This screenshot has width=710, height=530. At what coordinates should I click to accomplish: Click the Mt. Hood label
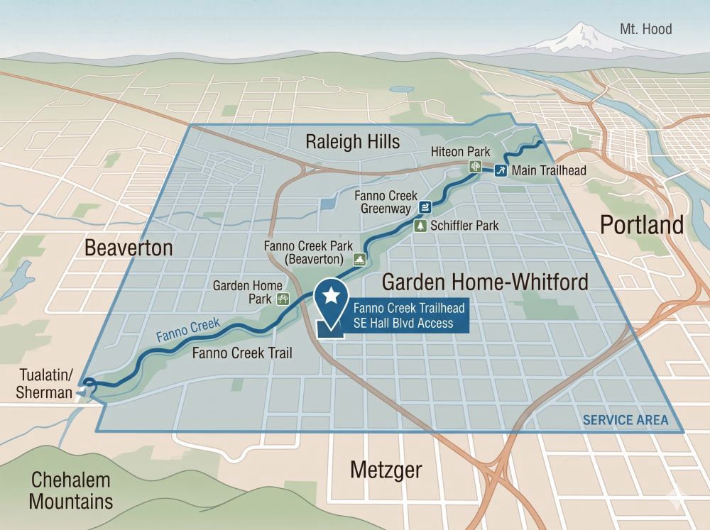point(645,29)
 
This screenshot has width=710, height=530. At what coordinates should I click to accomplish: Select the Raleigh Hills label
point(352,141)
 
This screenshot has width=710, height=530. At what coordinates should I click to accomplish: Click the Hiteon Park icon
point(474,167)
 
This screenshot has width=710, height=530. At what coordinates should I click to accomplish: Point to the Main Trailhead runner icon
point(501,170)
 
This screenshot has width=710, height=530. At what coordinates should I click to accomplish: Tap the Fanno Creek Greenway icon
point(425,207)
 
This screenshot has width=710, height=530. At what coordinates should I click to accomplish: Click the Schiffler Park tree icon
point(420,226)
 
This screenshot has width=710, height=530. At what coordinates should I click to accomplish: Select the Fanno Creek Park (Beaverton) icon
point(360,259)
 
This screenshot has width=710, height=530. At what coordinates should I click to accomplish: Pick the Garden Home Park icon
point(283,299)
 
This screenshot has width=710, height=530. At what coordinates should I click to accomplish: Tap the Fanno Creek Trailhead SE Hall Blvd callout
point(402,316)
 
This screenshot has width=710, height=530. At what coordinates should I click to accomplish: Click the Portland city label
point(642,225)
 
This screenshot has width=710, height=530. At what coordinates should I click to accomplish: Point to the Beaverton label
point(129,248)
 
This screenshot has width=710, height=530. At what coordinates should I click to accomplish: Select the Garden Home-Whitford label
point(485,282)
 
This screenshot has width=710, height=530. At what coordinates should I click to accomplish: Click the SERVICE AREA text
point(625,420)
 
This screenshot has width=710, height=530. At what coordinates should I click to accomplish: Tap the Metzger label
point(386,470)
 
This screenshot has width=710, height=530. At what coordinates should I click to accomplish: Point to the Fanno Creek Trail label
point(242,353)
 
